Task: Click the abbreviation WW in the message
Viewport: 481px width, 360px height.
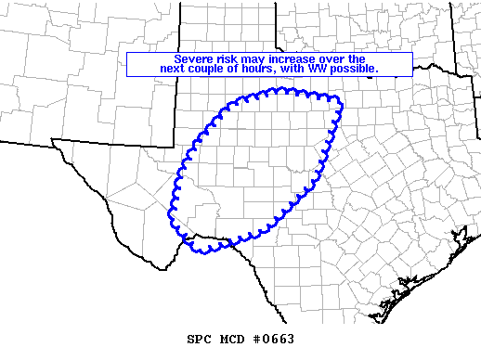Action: click(328, 70)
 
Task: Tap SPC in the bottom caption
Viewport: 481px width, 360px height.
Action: click(199, 340)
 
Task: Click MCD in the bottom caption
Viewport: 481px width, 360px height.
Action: click(232, 340)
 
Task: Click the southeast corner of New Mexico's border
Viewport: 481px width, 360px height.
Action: click(173, 147)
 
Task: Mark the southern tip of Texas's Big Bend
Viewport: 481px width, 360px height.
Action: click(165, 268)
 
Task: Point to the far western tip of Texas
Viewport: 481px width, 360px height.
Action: click(52, 141)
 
